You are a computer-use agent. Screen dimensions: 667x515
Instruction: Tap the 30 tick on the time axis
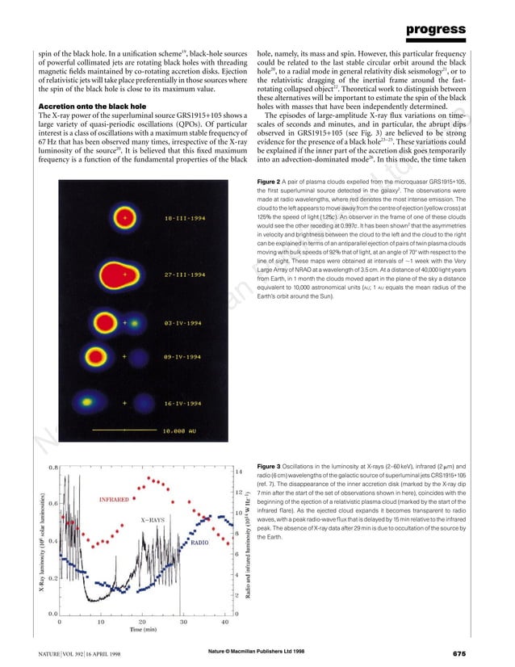click(x=183, y=622)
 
